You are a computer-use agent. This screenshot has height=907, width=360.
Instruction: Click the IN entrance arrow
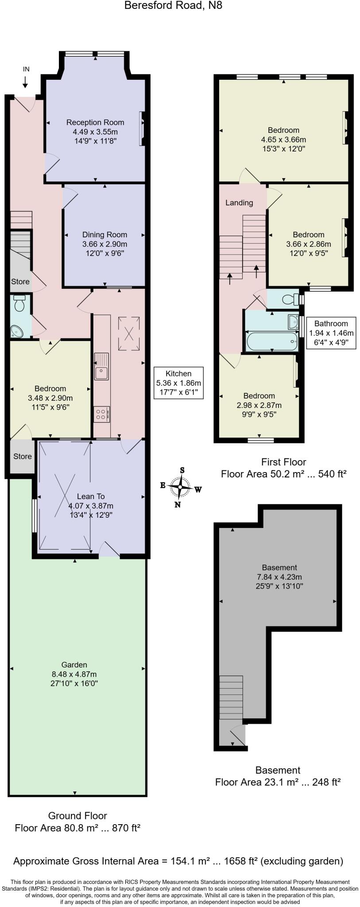coord(25,81)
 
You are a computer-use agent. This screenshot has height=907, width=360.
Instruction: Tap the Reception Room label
coord(95,123)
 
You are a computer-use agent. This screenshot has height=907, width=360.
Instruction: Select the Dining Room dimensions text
coord(105,249)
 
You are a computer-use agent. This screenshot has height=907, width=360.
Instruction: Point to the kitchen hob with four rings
coord(101,414)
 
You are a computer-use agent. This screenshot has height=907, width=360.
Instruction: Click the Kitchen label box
coord(178,383)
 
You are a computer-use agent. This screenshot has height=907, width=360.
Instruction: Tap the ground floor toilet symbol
coord(19,304)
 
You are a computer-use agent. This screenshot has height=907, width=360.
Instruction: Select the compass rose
coord(180,488)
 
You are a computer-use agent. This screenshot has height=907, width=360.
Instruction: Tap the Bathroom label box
coord(331,333)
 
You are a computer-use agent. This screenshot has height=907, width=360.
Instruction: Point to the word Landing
coord(239,203)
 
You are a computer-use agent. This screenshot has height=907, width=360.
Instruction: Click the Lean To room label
coord(91,496)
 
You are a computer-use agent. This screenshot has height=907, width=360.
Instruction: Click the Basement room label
coord(279,567)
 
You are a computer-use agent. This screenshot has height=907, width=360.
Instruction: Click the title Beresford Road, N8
coord(173,6)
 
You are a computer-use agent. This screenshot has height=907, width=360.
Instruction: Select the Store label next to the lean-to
coord(22,456)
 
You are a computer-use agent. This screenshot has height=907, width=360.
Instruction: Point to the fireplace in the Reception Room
coord(142,128)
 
